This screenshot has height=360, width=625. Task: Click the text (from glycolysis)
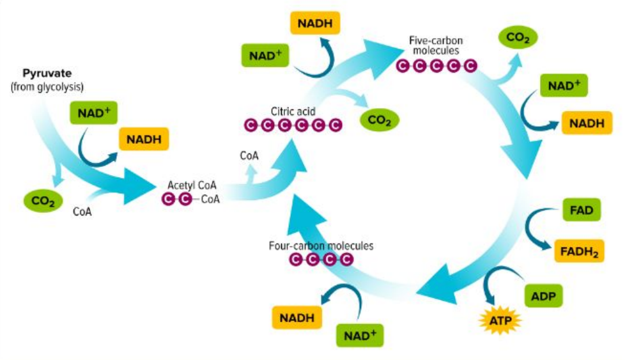[x=47, y=86]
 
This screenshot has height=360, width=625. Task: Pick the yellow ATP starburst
[x=500, y=319]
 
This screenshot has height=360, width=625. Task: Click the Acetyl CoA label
[x=192, y=185]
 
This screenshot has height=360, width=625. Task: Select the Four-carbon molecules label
[x=322, y=245]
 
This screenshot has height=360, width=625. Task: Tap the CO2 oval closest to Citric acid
[x=379, y=119]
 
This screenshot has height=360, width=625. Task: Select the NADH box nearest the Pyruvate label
[x=144, y=139]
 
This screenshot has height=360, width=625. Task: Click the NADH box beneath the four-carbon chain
[x=297, y=316]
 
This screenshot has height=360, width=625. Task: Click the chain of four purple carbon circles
[x=321, y=259]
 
